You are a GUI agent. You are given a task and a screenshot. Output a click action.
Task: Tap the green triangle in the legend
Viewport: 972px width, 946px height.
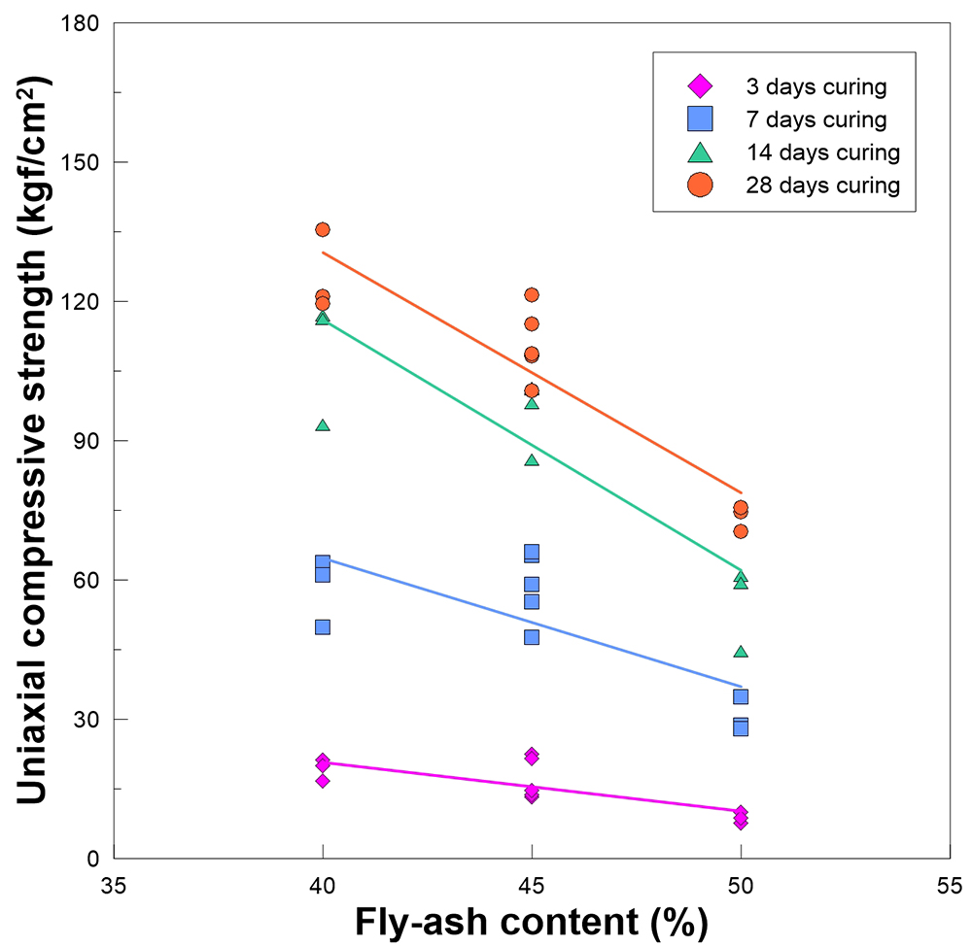coord(700,152)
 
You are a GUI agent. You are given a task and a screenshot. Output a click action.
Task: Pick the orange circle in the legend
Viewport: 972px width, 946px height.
coord(700,185)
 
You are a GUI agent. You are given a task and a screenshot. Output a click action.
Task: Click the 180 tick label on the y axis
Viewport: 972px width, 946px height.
coord(84,23)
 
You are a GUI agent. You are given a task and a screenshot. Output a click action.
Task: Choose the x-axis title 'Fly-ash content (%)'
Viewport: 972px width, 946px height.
coord(531,920)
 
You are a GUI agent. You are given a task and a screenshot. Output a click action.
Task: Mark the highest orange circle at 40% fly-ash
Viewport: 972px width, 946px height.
coord(323,229)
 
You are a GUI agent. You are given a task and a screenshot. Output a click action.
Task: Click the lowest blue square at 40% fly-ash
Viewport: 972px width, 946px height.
coord(323,626)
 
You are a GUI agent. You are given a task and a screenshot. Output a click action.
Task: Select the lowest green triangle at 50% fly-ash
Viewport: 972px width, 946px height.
coord(741,651)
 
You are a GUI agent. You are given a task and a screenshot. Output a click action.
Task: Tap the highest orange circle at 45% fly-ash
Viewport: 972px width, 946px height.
coord(532,295)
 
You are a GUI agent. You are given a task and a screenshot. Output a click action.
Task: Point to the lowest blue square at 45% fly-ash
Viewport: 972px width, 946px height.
coord(532,637)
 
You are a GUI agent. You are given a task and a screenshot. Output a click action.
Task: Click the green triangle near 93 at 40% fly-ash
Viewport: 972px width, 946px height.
coord(323,425)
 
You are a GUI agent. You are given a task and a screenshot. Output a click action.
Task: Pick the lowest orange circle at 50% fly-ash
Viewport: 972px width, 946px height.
coord(741,531)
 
